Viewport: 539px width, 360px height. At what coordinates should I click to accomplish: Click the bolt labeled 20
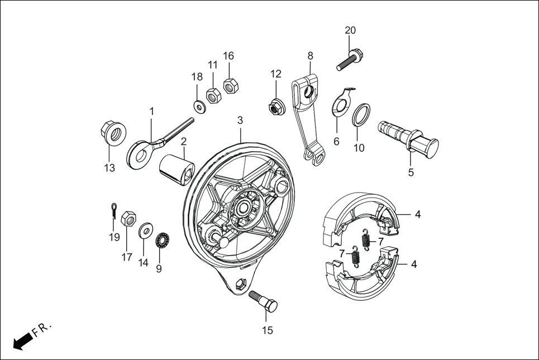(x=350, y=60)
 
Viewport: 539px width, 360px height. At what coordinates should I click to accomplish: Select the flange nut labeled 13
(x=113, y=133)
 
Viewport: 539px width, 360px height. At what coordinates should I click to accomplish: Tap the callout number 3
(x=240, y=120)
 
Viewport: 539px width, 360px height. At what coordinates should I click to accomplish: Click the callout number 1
(x=151, y=112)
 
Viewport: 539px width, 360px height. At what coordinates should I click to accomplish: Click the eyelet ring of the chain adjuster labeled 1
(x=139, y=153)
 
